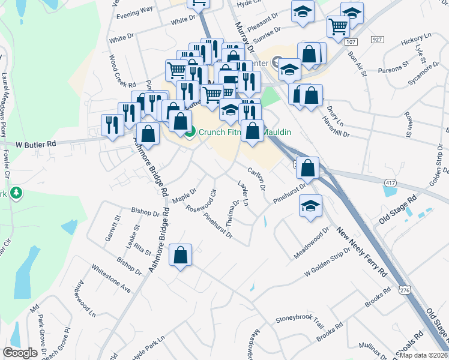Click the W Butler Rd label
tap(35, 144)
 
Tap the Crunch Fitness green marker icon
tap(190, 133)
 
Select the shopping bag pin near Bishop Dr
tap(180, 256)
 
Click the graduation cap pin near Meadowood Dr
tap(310, 206)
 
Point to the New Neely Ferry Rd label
tap(360, 251)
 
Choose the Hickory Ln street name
tap(412, 43)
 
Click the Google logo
tap(20, 353)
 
